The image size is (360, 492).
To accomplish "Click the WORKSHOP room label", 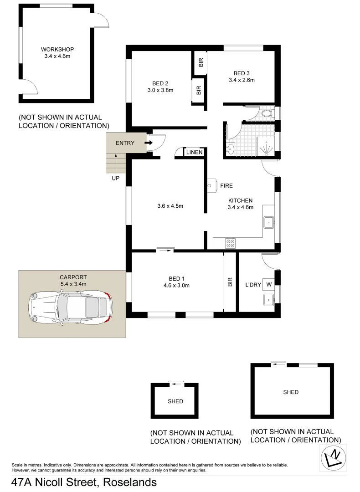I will (57, 49).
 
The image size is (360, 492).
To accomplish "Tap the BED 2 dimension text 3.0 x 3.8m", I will (160, 90).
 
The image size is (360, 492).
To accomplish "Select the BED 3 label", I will (242, 73).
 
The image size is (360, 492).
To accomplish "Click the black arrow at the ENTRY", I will (149, 143).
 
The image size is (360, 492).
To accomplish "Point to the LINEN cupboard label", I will (195, 153).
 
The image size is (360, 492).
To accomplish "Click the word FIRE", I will (226, 186).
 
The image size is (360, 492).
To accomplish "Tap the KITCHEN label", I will (240, 200).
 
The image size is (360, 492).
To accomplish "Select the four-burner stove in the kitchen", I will (231, 244).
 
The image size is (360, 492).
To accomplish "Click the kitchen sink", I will (269, 223).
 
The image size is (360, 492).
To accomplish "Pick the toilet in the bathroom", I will (267, 113).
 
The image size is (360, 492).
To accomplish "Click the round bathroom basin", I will (230, 148).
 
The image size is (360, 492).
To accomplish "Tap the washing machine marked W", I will (269, 285).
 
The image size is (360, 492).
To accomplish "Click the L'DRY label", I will (253, 285).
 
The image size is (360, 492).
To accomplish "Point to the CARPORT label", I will (73, 277).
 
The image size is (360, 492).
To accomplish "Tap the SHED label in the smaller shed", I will (175, 401).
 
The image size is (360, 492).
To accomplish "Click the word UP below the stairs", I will (116, 178).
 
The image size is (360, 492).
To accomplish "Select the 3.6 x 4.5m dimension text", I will (167, 206).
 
